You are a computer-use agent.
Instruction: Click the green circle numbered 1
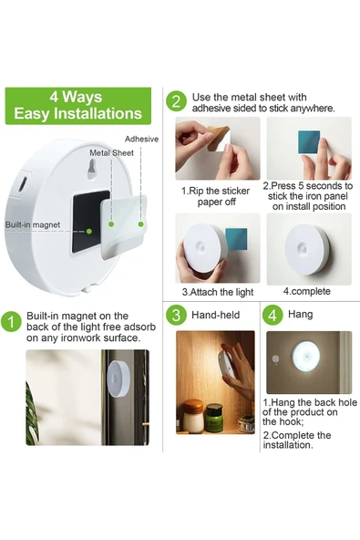pyautogui.click(x=11, y=322)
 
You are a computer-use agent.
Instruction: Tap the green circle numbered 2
pyautogui.click(x=176, y=101)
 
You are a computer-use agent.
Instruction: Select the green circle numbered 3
pyautogui.click(x=176, y=315)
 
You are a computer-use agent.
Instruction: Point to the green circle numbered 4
pyautogui.click(x=273, y=315)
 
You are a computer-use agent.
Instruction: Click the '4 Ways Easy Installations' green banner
pyautogui.click(x=78, y=106)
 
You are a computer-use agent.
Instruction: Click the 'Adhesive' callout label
pyautogui.click(x=141, y=140)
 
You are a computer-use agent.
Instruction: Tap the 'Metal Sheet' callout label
pyautogui.click(x=111, y=153)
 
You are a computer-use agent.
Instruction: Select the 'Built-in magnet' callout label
pyautogui.click(x=32, y=225)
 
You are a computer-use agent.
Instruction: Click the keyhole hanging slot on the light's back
pyautogui.click(x=92, y=170)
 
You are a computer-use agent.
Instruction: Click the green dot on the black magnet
pyautogui.click(x=88, y=231)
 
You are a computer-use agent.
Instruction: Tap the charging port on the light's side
pyautogui.click(x=23, y=184)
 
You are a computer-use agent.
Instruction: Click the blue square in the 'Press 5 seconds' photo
pyautogui.click(x=309, y=142)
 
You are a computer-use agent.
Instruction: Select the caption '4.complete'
pyautogui.click(x=306, y=291)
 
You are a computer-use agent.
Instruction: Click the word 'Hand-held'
pyautogui.click(x=215, y=315)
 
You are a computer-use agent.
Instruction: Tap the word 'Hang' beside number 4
pyautogui.click(x=301, y=314)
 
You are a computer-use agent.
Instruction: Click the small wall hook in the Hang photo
pyautogui.click(x=274, y=359)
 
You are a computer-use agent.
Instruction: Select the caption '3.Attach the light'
pyautogui.click(x=218, y=293)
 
